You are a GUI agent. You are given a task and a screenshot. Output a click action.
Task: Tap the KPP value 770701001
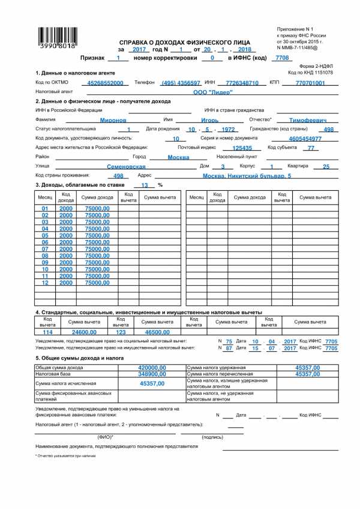(310, 82)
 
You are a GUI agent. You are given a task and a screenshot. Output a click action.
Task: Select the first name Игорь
(201, 120)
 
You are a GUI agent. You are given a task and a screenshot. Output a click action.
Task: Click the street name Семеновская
(126, 166)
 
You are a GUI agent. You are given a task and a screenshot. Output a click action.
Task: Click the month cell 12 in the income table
(44, 283)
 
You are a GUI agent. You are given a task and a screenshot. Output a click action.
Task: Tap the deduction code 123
(121, 331)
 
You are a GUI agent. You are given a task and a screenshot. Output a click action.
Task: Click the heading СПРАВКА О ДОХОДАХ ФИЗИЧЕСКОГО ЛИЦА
(182, 43)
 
